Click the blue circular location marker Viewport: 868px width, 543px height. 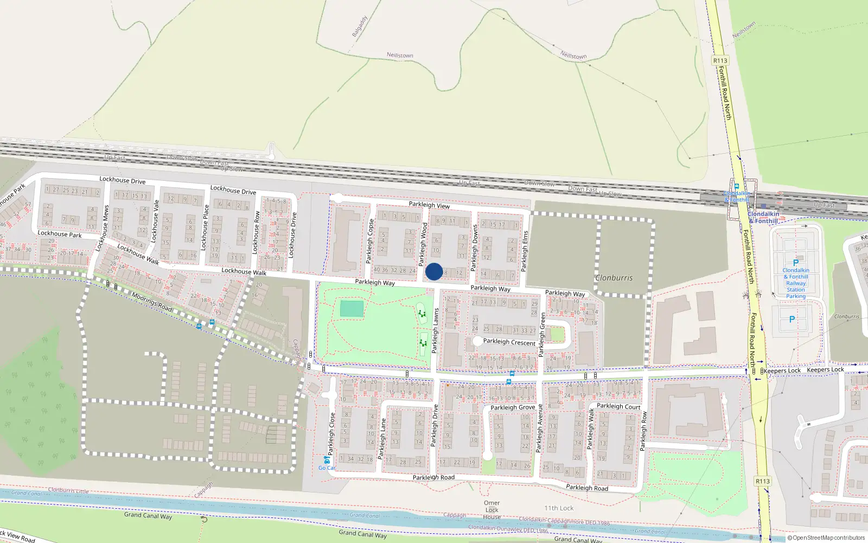pos(434,271)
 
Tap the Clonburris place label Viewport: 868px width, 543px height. pos(614,278)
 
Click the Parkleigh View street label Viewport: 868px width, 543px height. pos(429,205)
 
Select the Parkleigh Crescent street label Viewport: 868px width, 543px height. pos(509,342)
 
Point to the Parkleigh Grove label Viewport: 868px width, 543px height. pos(513,407)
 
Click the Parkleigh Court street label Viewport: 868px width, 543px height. pos(618,406)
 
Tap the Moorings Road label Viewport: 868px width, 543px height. pos(152,302)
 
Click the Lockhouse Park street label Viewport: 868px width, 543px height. pos(60,234)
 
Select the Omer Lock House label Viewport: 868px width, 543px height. pos(492,510)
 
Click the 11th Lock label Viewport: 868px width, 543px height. pos(559,508)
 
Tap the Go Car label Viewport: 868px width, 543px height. pos(327,468)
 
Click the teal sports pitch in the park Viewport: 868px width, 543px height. pos(352,309)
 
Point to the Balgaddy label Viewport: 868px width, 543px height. pos(360,26)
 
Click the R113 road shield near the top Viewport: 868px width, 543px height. pos(720,61)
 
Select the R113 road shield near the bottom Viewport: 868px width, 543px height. pos(763,481)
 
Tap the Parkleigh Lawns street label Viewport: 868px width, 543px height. pos(435,331)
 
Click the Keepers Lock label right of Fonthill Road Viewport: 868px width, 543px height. pos(825,370)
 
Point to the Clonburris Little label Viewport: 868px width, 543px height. pos(68,490)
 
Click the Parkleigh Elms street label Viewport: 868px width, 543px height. pos(525,251)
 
